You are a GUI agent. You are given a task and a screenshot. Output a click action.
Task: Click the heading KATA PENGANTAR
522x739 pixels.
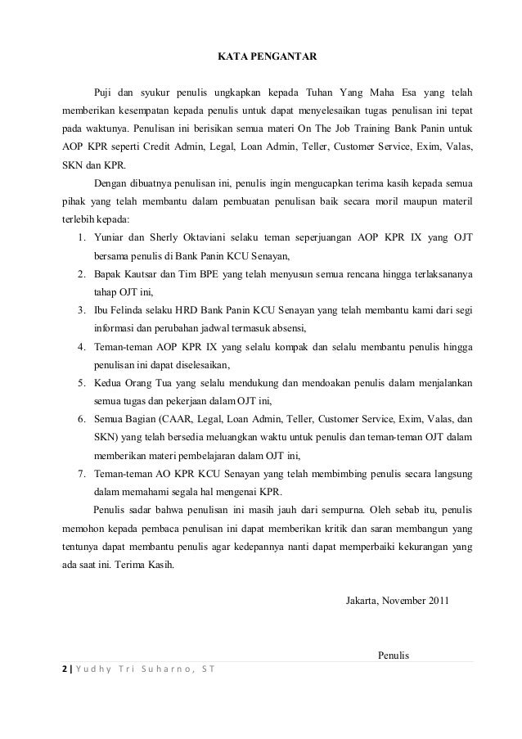tap(260, 57)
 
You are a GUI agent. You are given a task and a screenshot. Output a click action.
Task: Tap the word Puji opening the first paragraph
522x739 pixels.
tap(105, 89)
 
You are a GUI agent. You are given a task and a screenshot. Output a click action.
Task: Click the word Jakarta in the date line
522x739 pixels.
tap(364, 602)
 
